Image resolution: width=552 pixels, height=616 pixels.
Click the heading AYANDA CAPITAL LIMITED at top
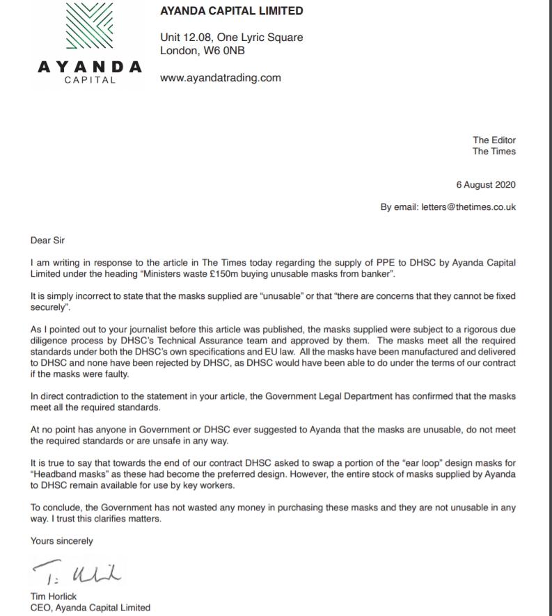click(232, 10)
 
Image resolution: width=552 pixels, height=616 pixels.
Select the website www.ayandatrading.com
click(221, 78)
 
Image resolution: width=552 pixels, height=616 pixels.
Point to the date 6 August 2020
click(486, 184)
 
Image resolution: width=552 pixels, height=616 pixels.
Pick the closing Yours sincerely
click(62, 540)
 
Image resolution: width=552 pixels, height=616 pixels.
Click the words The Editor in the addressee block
click(494, 140)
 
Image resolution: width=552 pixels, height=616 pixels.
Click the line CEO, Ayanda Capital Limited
click(90, 607)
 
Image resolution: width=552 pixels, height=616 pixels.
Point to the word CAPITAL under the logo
click(88, 80)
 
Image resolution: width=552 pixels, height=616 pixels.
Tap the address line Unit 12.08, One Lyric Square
click(232, 38)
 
